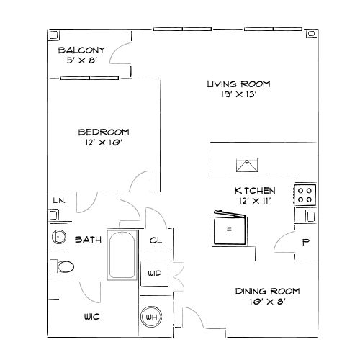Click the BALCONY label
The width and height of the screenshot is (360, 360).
[82, 50]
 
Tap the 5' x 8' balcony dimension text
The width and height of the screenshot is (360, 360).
[81, 61]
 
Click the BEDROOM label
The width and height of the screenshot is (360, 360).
[103, 132]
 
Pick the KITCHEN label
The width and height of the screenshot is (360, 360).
[255, 190]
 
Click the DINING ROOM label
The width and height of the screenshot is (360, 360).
[267, 291]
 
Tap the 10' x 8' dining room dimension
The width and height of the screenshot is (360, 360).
[267, 302]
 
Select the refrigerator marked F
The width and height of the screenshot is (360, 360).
[230, 230]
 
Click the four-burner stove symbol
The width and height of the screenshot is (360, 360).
[305, 194]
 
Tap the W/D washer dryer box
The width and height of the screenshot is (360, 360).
[154, 274]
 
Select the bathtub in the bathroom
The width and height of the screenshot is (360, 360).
[122, 257]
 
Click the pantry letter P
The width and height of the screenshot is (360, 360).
[305, 242]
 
